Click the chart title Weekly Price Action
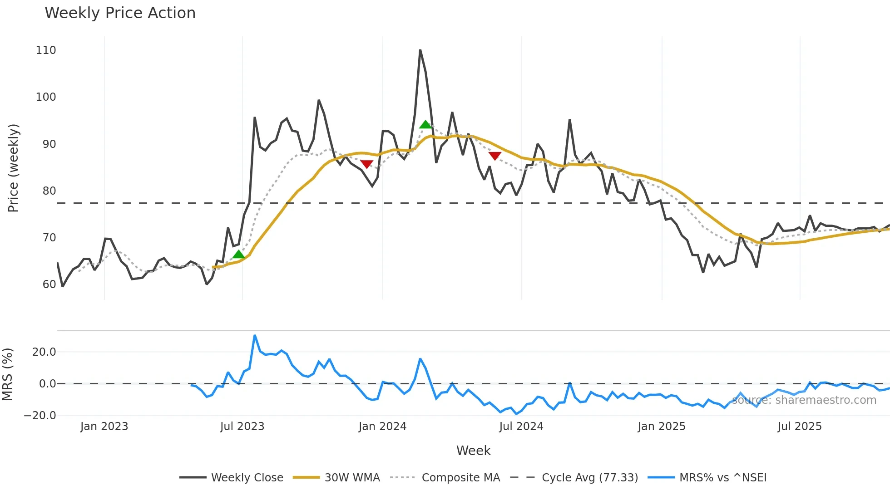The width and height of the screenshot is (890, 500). click(x=120, y=13)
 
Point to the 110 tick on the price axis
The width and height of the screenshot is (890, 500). click(x=46, y=50)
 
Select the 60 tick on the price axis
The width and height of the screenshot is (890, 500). click(x=49, y=284)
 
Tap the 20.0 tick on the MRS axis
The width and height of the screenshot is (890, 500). click(x=44, y=352)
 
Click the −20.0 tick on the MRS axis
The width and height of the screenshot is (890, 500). click(x=40, y=416)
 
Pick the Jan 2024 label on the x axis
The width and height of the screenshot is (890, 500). click(x=382, y=426)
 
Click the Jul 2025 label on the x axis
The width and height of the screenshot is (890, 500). click(x=799, y=426)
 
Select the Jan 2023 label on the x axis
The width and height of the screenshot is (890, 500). click(x=104, y=426)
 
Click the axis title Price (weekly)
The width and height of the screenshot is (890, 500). click(x=13, y=168)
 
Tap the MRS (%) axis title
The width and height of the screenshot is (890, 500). click(x=7, y=374)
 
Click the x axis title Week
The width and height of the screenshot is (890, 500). click(x=473, y=451)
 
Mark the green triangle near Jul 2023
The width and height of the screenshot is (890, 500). click(x=239, y=254)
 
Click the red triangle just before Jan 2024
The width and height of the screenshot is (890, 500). click(x=366, y=164)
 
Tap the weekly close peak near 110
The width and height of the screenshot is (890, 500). click(x=420, y=50)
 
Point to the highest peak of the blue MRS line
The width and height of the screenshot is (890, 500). click(x=255, y=336)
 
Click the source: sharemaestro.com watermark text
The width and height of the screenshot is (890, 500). click(x=804, y=400)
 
